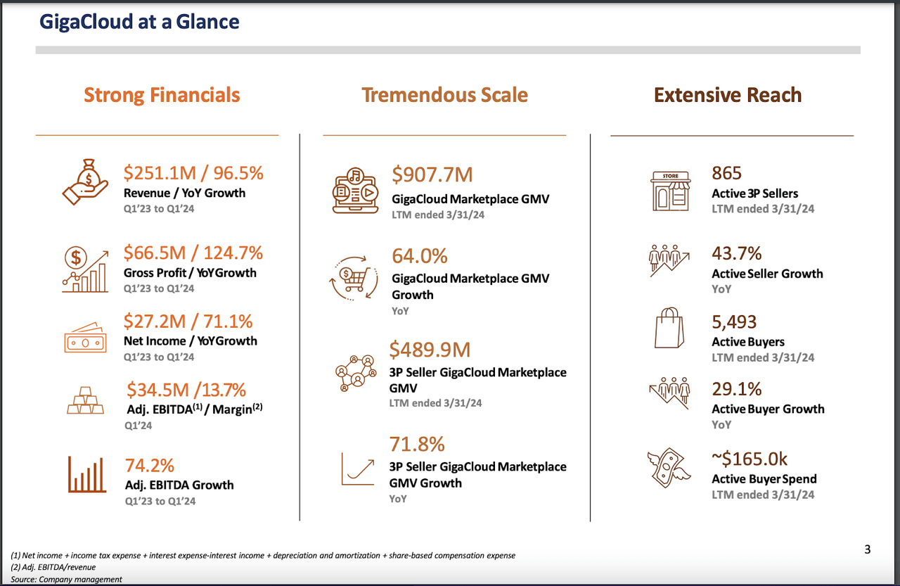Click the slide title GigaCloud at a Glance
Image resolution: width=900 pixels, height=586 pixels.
coord(139,22)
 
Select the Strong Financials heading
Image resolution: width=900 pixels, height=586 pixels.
coord(162,95)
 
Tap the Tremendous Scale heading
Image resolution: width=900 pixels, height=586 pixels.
coord(444,95)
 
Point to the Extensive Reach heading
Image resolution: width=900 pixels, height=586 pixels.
coord(728,95)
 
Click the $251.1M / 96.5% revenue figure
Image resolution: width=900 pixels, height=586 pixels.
coord(193,173)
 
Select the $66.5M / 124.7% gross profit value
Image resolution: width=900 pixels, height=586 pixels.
coord(193,253)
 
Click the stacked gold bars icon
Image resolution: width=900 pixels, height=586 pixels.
coord(85,401)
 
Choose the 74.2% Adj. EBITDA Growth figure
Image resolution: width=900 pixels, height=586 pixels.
coord(150,466)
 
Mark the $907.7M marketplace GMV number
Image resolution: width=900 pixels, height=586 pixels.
coord(432,174)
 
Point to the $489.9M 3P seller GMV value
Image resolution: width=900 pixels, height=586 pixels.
coord(430,350)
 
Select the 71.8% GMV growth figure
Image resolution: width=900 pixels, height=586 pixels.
coord(417,445)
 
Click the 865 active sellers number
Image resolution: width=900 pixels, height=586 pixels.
coord(726,173)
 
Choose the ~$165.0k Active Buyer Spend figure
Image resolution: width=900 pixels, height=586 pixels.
coord(750,459)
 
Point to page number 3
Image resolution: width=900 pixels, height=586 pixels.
coord(867,549)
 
